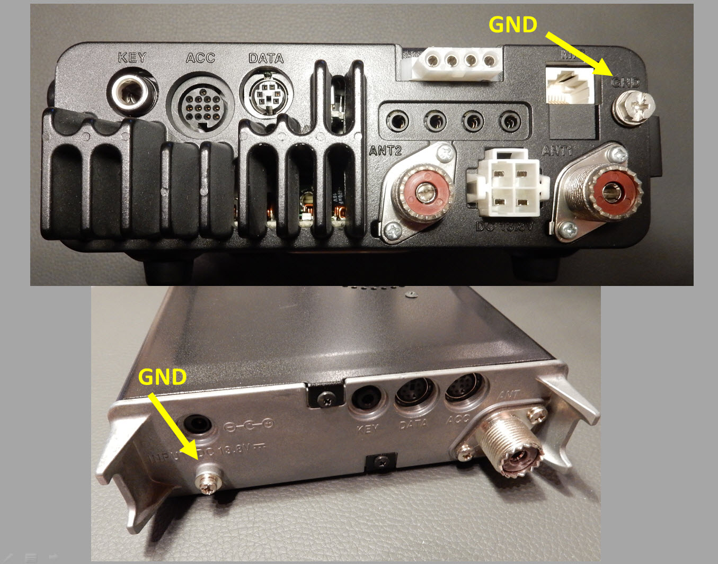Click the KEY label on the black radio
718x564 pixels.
click(x=132, y=57)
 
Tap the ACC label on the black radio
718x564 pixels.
click(x=200, y=58)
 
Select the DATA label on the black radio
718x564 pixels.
click(x=266, y=58)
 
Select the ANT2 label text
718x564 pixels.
click(x=385, y=150)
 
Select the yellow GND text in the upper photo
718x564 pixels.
click(x=512, y=25)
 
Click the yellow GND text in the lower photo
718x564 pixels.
click(x=162, y=377)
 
